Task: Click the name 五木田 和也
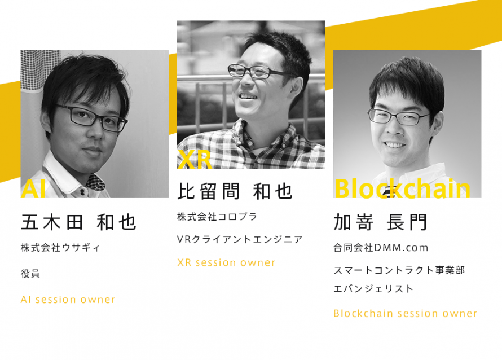78,222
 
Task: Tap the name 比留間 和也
235,191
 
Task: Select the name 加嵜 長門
380,222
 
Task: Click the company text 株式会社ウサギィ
60,248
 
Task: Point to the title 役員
30,274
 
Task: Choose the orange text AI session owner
68,300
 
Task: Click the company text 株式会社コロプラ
217,217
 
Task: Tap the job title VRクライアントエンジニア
240,239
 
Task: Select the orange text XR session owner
226,262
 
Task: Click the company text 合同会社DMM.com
381,248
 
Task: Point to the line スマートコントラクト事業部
399,270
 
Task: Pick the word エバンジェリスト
373,288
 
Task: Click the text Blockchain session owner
406,313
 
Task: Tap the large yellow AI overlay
33,188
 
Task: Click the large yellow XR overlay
195,159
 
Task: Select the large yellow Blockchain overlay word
402,188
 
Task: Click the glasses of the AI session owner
92,118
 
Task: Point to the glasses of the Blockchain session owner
399,117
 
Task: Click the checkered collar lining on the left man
95,182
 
